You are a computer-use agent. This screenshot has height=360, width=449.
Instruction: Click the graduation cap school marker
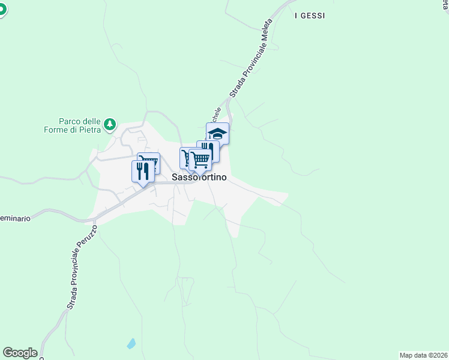tap(217, 133)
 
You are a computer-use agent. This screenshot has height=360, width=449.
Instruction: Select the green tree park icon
tap(109, 124)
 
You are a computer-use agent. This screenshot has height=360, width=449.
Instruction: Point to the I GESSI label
tap(310, 16)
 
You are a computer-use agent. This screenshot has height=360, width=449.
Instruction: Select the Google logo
tap(20, 353)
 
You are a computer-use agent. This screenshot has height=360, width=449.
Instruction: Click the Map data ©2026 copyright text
tap(423, 355)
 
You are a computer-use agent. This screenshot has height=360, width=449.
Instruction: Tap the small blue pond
tap(131, 344)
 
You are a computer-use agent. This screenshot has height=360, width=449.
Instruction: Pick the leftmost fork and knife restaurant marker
tap(143, 171)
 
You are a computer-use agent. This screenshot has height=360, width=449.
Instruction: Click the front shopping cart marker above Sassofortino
tap(200, 159)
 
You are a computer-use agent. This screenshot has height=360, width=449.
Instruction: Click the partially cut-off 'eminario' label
tap(15, 218)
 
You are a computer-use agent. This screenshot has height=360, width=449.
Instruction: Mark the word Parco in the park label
tap(70, 120)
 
